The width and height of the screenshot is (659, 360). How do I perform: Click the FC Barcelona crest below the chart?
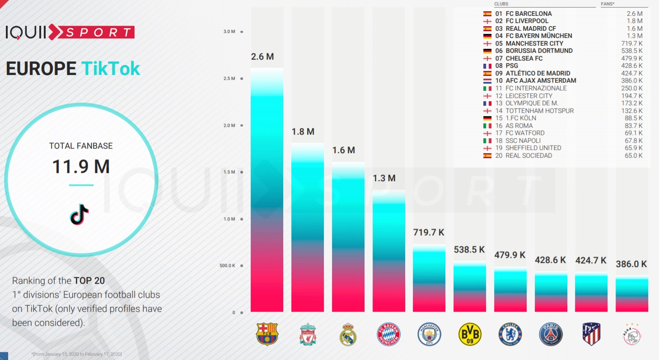pyautogui.click(x=267, y=334)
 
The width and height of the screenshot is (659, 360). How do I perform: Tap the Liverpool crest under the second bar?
pyautogui.click(x=307, y=334)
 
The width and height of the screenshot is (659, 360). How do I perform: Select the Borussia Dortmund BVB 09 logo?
pyautogui.click(x=470, y=334)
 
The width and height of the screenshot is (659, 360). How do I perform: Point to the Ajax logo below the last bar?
pyautogui.click(x=632, y=335)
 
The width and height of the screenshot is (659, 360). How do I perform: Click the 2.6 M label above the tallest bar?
pyautogui.click(x=262, y=57)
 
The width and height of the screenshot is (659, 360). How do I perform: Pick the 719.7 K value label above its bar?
pyautogui.click(x=429, y=233)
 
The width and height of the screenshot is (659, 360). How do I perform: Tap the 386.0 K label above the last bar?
pyautogui.click(x=631, y=264)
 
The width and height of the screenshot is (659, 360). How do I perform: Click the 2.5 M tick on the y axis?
pyautogui.click(x=229, y=79)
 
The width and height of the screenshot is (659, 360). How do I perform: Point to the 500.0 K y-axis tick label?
pyautogui.click(x=227, y=266)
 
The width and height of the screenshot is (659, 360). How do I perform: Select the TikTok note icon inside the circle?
pyautogui.click(x=80, y=214)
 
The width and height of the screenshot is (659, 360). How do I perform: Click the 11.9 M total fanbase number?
pyautogui.click(x=81, y=167)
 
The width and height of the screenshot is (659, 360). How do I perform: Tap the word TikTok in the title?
pyautogui.click(x=111, y=69)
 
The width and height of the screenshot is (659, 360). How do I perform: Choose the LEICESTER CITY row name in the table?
pyautogui.click(x=529, y=96)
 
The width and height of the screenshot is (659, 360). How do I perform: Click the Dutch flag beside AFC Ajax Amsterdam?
pyautogui.click(x=487, y=81)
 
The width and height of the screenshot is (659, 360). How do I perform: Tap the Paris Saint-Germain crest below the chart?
pyautogui.click(x=551, y=335)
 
